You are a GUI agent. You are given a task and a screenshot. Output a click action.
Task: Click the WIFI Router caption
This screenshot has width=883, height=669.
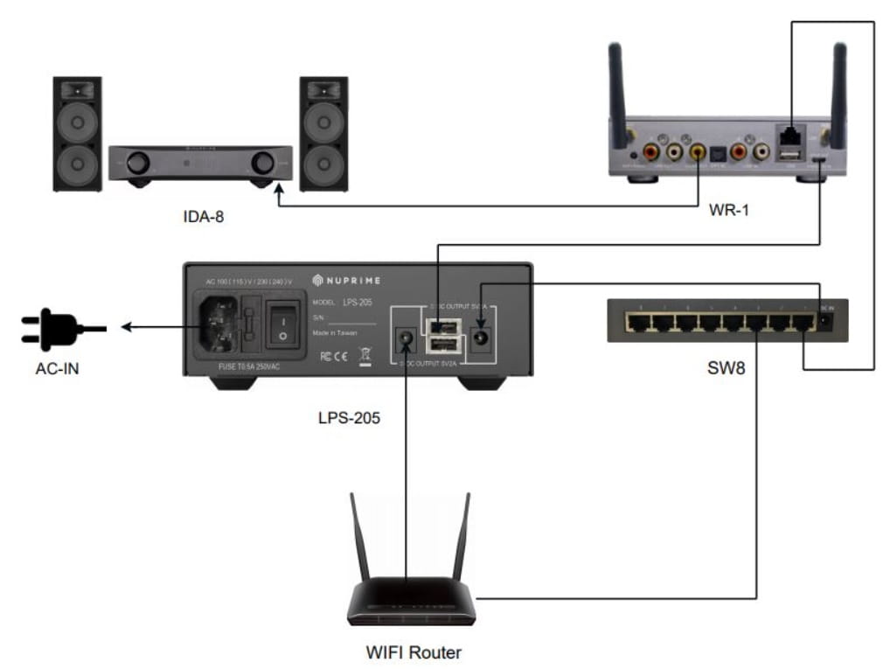[413, 652]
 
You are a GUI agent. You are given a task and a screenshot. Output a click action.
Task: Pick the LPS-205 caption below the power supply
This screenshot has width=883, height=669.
[349, 418]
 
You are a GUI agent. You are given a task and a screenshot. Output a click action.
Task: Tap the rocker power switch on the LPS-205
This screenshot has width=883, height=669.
[282, 323]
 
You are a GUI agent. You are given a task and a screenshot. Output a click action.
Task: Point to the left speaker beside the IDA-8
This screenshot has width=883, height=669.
[77, 133]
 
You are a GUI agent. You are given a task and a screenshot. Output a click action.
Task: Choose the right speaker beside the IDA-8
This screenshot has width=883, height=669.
[323, 133]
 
